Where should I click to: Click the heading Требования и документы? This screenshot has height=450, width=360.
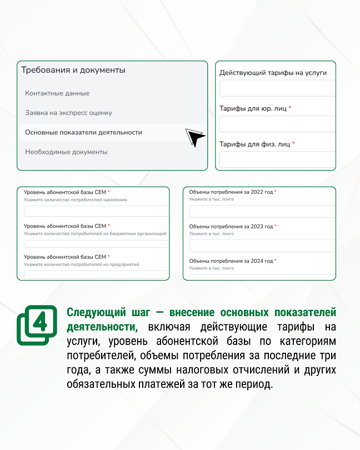pyautogui.click(x=73, y=70)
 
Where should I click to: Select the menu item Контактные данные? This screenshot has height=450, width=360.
pyautogui.click(x=57, y=93)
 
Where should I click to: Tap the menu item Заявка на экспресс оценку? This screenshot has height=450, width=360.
pyautogui.click(x=68, y=113)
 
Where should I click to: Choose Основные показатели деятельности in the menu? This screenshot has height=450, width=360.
pyautogui.click(x=83, y=132)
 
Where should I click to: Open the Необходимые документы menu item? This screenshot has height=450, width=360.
pyautogui.click(x=66, y=152)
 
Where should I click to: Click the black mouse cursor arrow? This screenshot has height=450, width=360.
pyautogui.click(x=194, y=137)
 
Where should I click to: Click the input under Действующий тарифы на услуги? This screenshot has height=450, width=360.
pyautogui.click(x=277, y=88)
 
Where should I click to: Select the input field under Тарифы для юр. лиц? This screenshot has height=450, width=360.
pyautogui.click(x=277, y=124)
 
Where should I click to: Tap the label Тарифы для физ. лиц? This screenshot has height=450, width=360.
pyautogui.click(x=255, y=144)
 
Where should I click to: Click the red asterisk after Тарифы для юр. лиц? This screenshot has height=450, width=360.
pyautogui.click(x=290, y=108)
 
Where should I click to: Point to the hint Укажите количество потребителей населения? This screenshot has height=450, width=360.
pyautogui.click(x=75, y=199)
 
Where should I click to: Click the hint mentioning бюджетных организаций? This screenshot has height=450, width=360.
pyautogui.click(x=95, y=234)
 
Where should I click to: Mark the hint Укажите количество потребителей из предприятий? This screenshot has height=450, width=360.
pyautogui.click(x=81, y=264)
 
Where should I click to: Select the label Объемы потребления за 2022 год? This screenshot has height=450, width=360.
pyautogui.click(x=231, y=192)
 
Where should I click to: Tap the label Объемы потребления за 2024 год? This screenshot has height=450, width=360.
pyautogui.click(x=231, y=261)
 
